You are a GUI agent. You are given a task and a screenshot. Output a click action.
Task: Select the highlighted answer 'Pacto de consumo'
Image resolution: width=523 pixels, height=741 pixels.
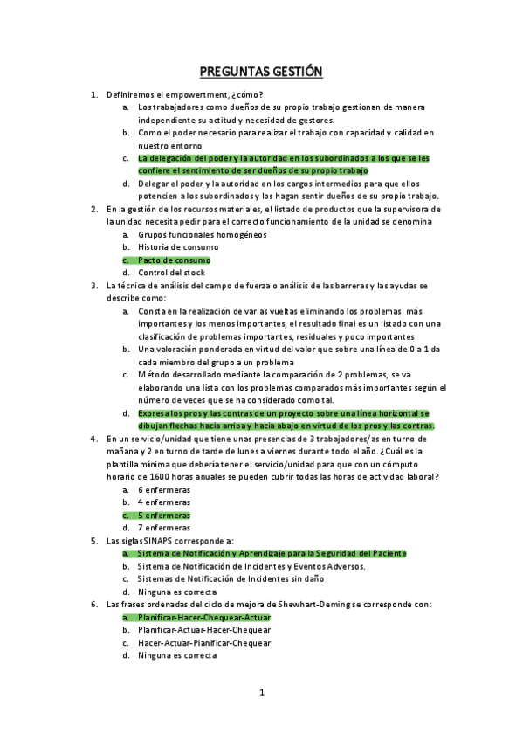[x=174, y=260]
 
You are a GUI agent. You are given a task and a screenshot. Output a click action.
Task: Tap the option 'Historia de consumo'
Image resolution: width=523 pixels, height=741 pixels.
[x=178, y=247]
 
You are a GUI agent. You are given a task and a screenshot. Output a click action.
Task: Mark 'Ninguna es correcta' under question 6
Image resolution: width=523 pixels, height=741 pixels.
[x=178, y=655]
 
